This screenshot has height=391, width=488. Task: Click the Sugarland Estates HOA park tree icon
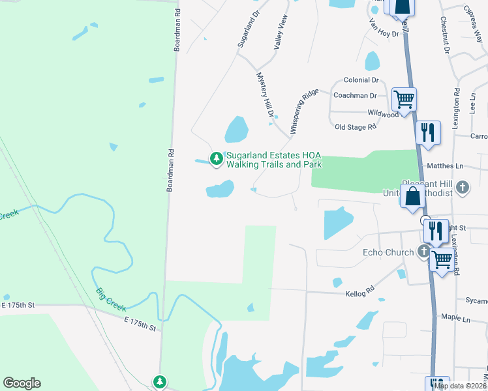pyautogui.click(x=216, y=158)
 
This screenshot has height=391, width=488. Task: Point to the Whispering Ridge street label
pyautogui.click(x=304, y=111)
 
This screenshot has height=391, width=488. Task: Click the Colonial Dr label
pyautogui.click(x=361, y=80)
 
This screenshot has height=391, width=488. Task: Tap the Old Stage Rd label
pyautogui.click(x=356, y=127)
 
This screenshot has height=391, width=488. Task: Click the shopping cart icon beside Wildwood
pyautogui.click(x=404, y=100)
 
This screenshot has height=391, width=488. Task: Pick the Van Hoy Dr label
pyautogui.click(x=384, y=29)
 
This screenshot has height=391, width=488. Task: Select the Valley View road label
pyautogui.click(x=281, y=33)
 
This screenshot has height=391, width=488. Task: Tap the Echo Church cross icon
pyautogui.click(x=424, y=251)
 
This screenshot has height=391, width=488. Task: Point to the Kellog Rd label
pyautogui.click(x=361, y=291)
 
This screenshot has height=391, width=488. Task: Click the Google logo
pyautogui.click(x=22, y=383)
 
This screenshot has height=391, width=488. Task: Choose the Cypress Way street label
pyautogui.click(x=474, y=17)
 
